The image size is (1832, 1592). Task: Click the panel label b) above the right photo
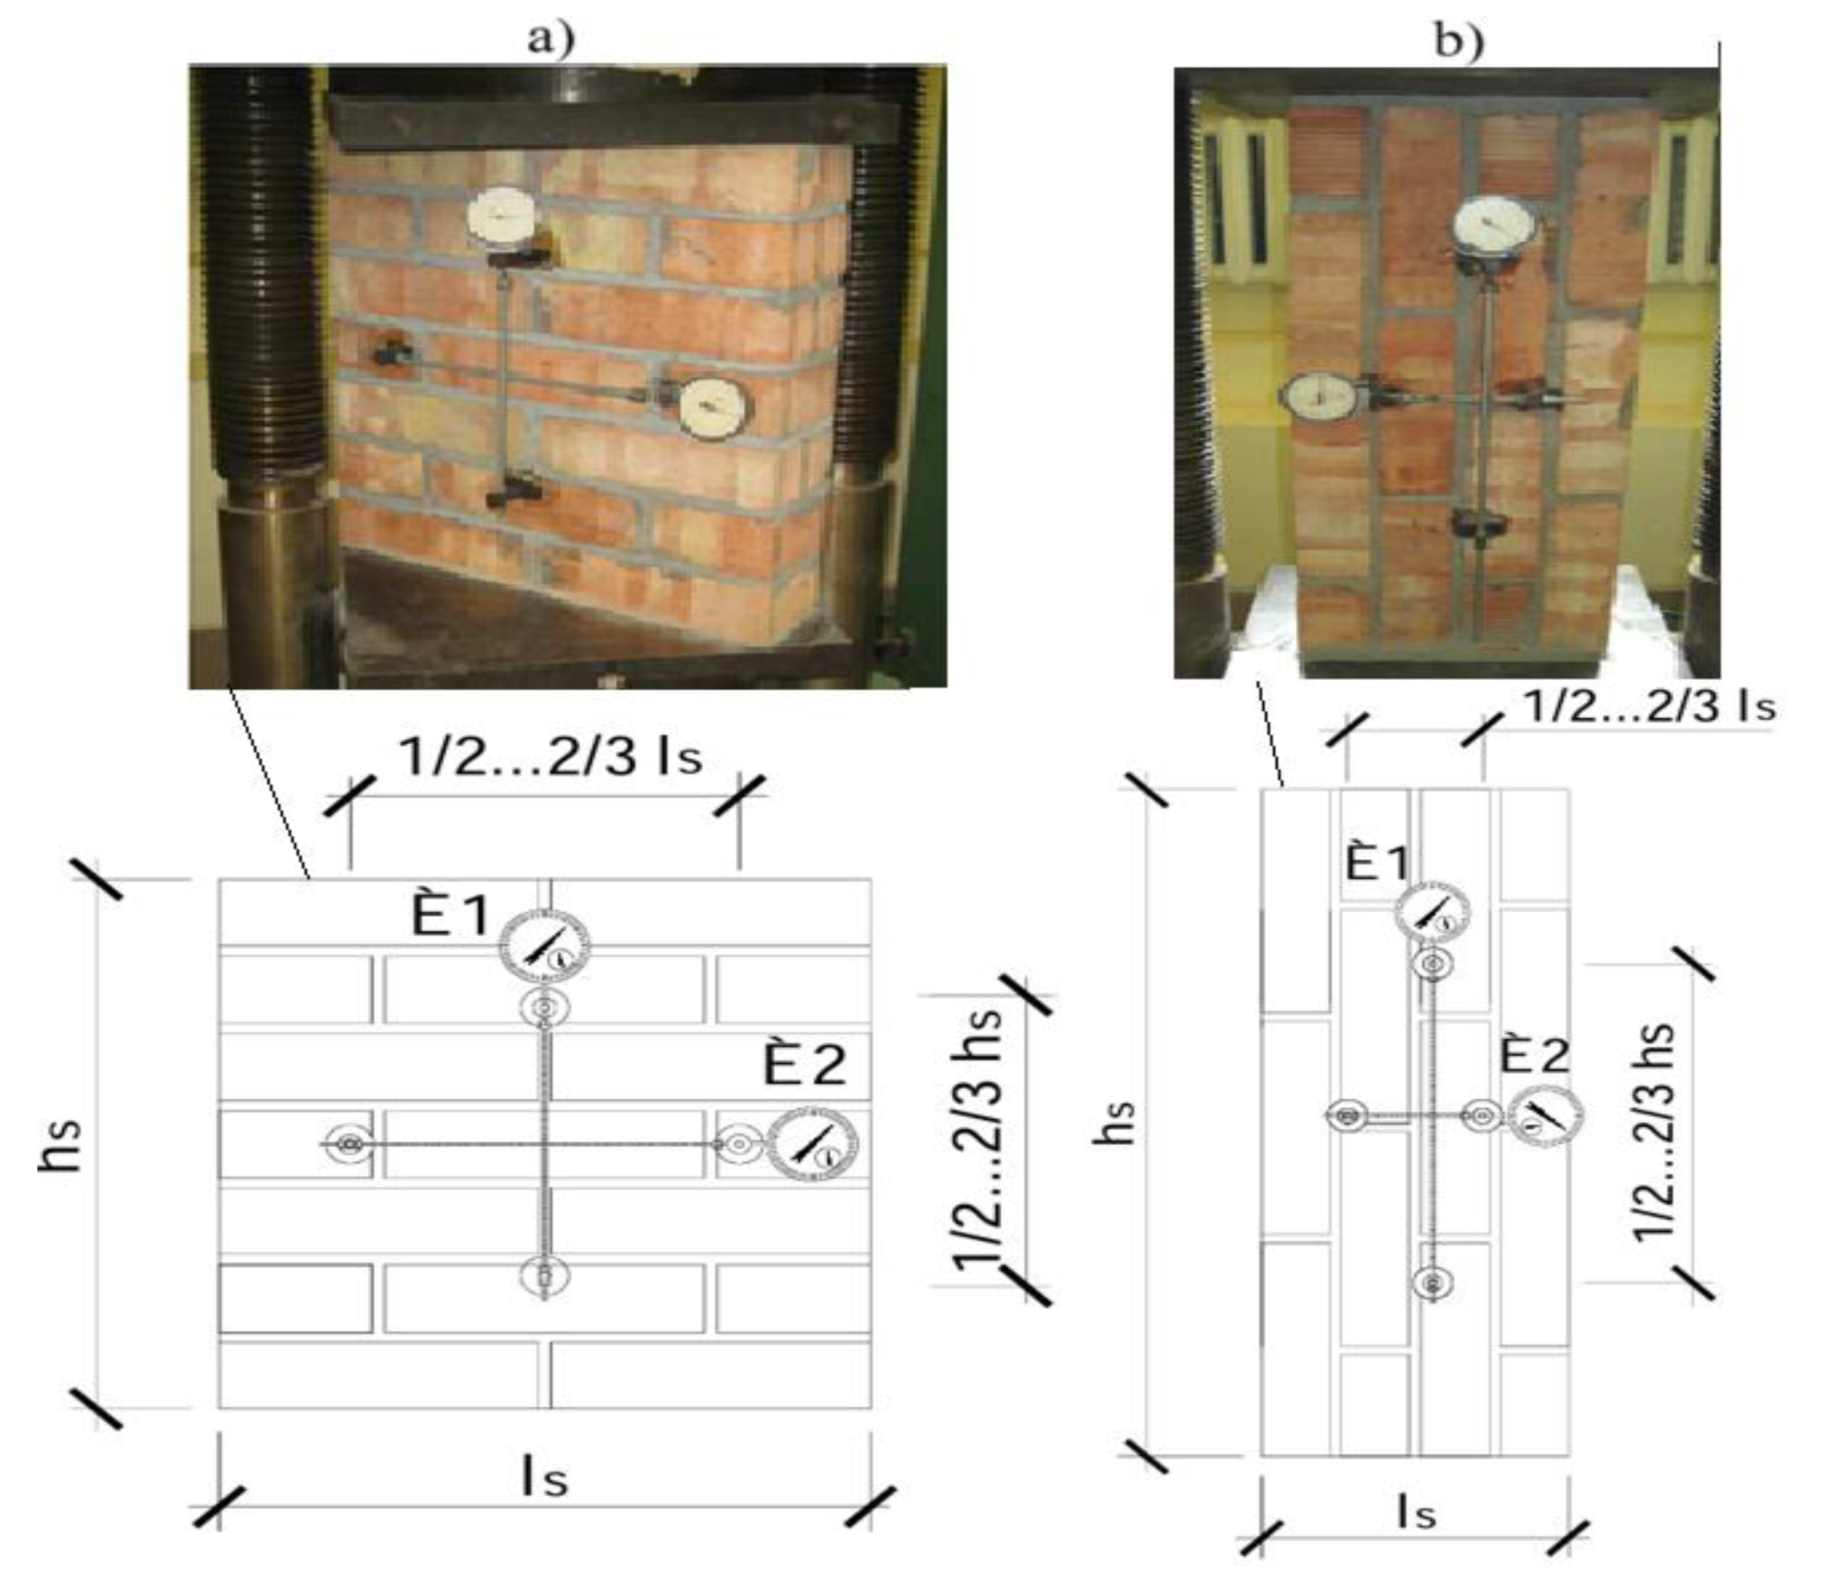tap(1458, 40)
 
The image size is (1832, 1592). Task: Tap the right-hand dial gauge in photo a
tap(715, 408)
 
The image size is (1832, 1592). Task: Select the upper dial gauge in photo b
tap(1498, 225)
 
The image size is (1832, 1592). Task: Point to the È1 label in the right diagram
tap(1376, 863)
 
